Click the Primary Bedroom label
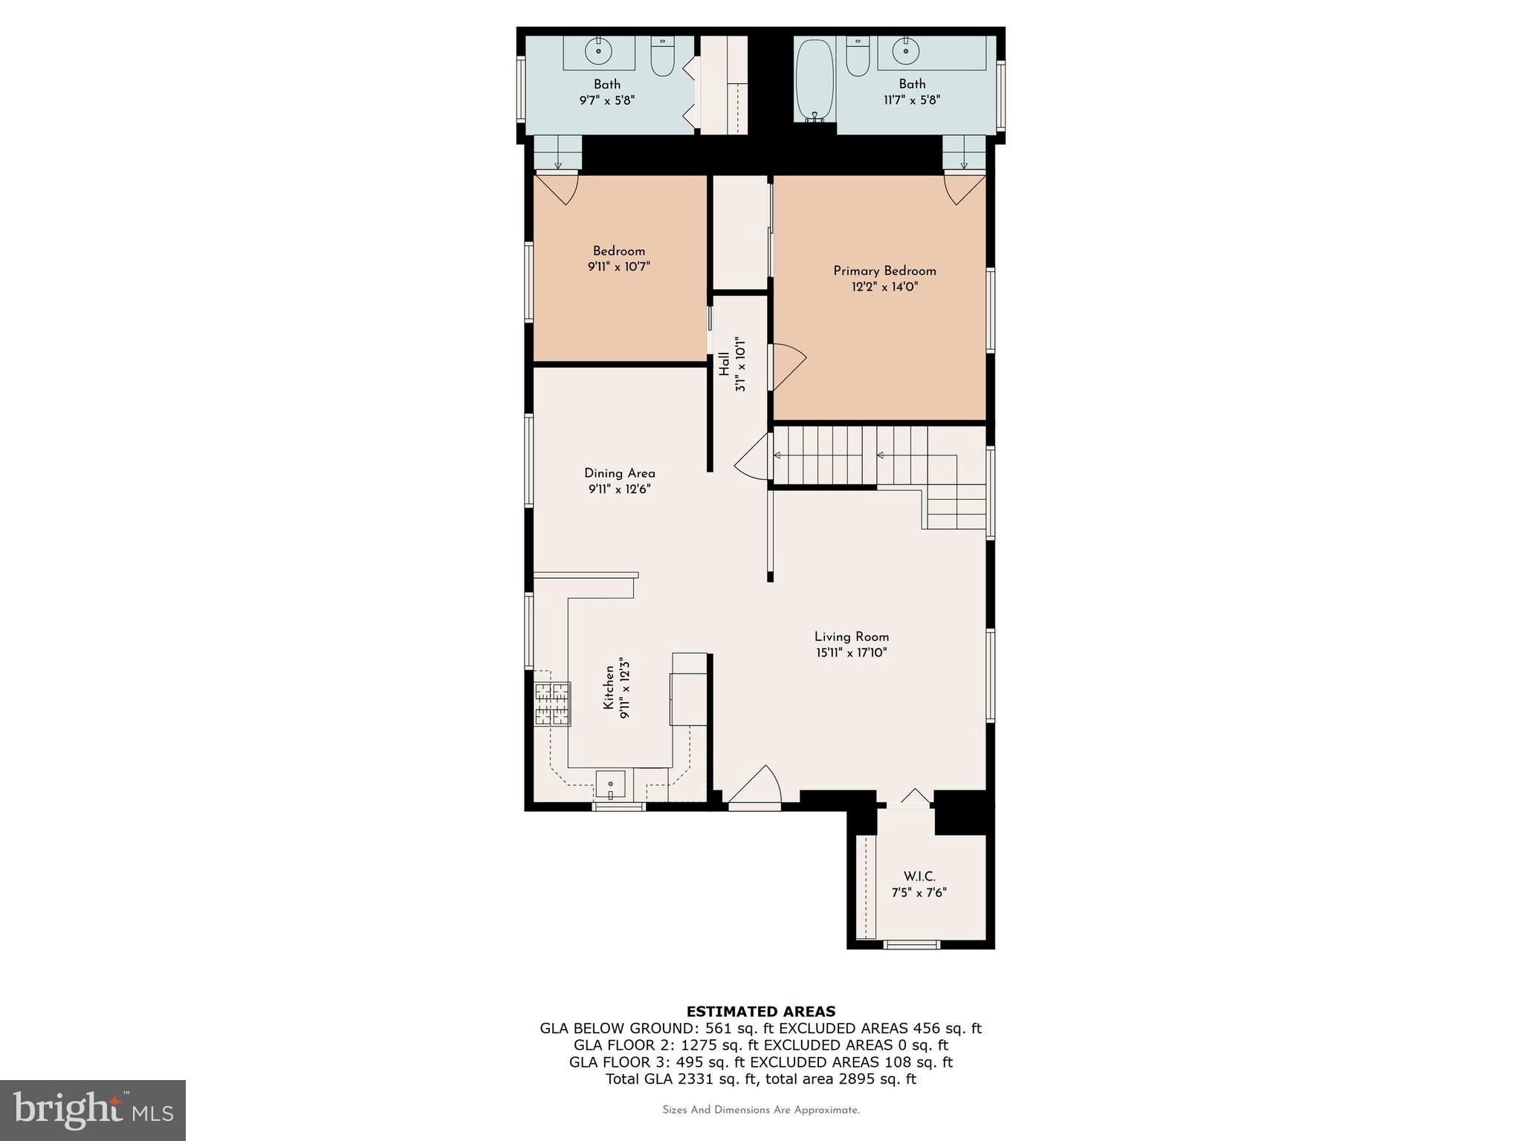(884, 271)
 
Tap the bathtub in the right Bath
(815, 81)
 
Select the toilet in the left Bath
(662, 56)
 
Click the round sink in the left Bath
(598, 52)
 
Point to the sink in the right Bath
(905, 51)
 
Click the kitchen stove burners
(552, 703)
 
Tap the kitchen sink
(611, 784)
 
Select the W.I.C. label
(919, 877)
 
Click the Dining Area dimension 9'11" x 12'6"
(620, 490)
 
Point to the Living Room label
(852, 637)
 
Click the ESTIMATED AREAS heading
(760, 1011)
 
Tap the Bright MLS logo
(93, 1110)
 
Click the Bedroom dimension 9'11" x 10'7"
(619, 267)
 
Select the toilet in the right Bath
(858, 57)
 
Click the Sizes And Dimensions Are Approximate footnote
(760, 1111)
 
